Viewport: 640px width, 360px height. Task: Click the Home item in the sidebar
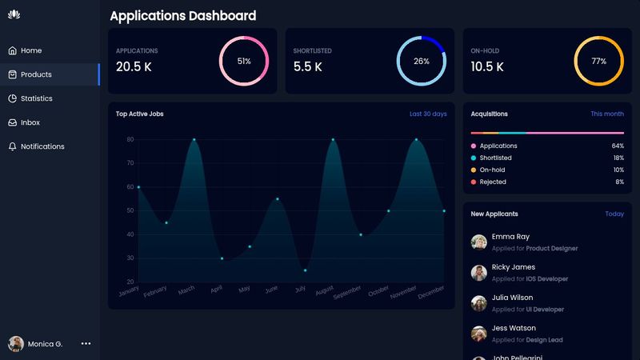[x=31, y=50]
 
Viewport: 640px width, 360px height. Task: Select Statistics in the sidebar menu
[x=36, y=98]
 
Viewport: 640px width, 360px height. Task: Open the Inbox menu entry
[x=30, y=122]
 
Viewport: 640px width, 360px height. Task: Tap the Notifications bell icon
[x=13, y=146]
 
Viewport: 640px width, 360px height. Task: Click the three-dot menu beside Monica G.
[x=86, y=343]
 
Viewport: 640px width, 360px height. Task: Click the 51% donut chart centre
[x=244, y=61]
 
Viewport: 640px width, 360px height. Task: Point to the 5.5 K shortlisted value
[x=308, y=67]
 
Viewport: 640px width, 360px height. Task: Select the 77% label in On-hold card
[x=598, y=61]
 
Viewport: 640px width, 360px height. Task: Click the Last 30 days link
[x=428, y=114]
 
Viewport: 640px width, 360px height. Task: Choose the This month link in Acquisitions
[x=607, y=114]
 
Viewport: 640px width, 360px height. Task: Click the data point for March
[x=194, y=140]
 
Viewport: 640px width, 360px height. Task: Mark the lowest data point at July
[x=305, y=270]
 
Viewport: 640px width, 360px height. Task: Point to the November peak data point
[x=416, y=140]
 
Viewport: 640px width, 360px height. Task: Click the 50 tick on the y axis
[x=130, y=210]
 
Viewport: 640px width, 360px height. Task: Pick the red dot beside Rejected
[x=474, y=182]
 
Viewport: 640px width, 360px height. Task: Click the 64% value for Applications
[x=617, y=146]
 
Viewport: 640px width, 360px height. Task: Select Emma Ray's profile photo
[x=478, y=242]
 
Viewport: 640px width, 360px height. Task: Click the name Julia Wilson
[x=512, y=298]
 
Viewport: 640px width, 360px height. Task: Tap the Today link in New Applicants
[x=614, y=214]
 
